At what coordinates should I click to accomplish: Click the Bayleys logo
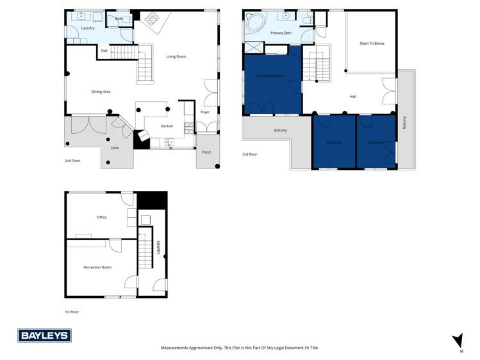point(44,335)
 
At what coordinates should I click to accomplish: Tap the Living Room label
point(176,57)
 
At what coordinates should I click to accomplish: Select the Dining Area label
point(101,92)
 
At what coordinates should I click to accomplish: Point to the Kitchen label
point(167,126)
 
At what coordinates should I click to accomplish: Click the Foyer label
point(205,112)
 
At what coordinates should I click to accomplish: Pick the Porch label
point(207,152)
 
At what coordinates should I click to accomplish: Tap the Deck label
point(115,148)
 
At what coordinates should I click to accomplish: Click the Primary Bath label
point(281,33)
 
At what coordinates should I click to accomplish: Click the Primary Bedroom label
point(269,76)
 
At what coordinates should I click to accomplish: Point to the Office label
point(101,217)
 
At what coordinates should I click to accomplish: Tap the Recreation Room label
point(97,267)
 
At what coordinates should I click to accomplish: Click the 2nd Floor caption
point(73,161)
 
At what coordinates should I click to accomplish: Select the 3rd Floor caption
point(250,154)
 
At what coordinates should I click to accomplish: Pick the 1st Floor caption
point(72,312)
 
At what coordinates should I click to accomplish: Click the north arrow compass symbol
point(458,341)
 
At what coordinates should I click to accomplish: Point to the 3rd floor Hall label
point(352,97)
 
